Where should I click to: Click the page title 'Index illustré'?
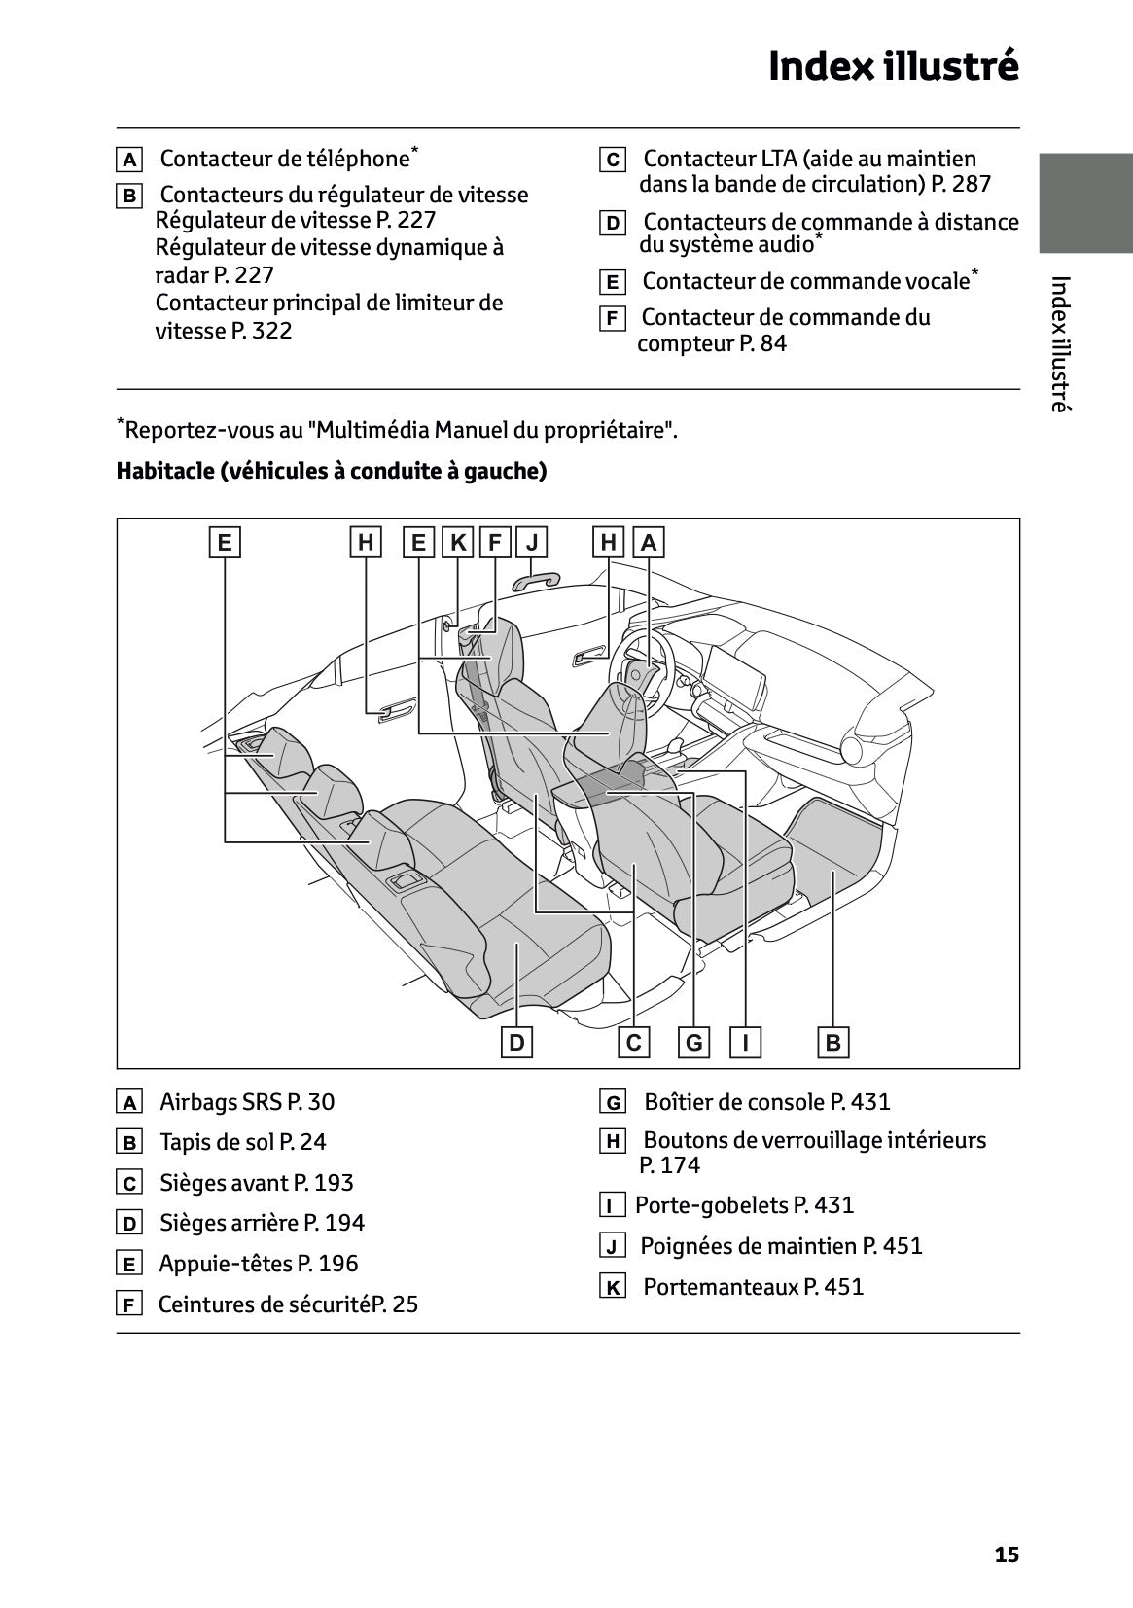pos(893,66)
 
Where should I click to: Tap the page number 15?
pos(1007,1554)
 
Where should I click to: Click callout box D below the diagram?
pos(516,1044)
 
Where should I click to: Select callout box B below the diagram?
pos(832,1044)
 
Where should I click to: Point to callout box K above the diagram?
pos(457,542)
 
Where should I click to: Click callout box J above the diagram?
pos(532,542)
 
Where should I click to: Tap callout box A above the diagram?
pos(649,542)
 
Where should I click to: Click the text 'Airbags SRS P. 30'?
pos(247,1102)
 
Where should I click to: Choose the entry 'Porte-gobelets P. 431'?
pos(744,1205)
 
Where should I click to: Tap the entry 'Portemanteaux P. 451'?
pos(753,1287)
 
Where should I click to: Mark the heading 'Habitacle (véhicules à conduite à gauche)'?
pos(332,472)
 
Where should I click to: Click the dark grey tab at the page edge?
pos(1085,202)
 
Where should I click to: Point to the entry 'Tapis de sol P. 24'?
pos(243,1142)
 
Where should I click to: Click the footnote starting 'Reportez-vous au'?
pos(399,429)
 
